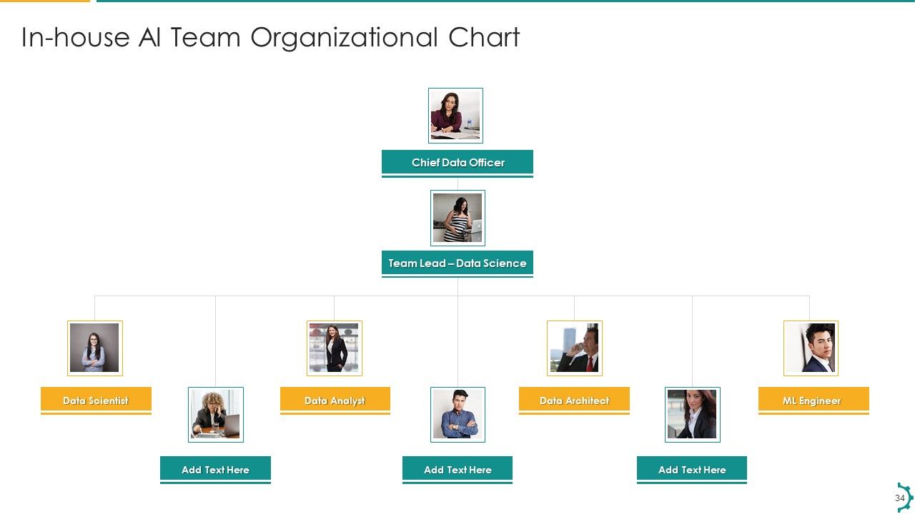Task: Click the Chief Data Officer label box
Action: (x=457, y=162)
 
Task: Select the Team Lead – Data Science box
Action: (x=457, y=263)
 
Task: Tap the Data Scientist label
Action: (x=96, y=400)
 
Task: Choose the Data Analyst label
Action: (x=335, y=400)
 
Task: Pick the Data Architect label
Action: (x=574, y=400)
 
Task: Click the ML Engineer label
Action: (x=813, y=400)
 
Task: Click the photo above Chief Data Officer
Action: (x=455, y=116)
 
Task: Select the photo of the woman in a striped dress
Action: (x=457, y=218)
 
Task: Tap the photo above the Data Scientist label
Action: (x=95, y=348)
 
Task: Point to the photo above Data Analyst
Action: (x=334, y=348)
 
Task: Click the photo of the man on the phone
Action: (x=574, y=348)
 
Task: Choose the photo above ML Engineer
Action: (x=811, y=348)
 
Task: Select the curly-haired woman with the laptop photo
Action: (x=216, y=415)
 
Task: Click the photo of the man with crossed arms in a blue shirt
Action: (x=457, y=415)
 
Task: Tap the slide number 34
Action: (x=899, y=498)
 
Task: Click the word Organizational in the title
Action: (x=344, y=38)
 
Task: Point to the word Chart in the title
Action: (x=484, y=37)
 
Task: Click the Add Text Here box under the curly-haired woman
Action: (x=215, y=469)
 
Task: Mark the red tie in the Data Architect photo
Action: (x=590, y=363)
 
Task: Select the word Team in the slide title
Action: (x=205, y=37)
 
